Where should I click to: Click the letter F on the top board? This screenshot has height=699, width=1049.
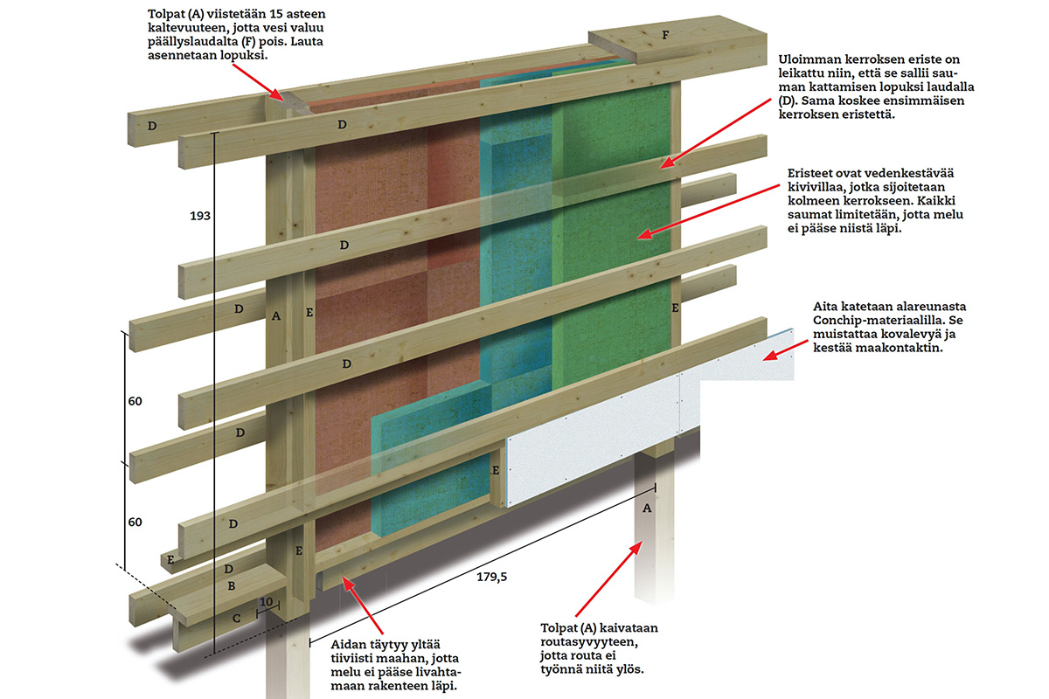pyautogui.click(x=665, y=36)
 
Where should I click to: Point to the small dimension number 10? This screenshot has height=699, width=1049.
pyautogui.click(x=266, y=604)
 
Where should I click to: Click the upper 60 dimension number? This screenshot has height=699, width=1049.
pyautogui.click(x=134, y=401)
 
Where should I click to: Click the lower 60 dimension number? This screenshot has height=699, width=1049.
pyautogui.click(x=134, y=522)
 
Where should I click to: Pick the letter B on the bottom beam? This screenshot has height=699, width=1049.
pyautogui.click(x=231, y=585)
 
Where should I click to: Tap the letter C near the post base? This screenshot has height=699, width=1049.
pyautogui.click(x=235, y=618)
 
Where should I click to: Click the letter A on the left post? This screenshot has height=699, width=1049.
pyautogui.click(x=276, y=315)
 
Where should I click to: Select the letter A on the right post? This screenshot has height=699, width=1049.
pyautogui.click(x=647, y=508)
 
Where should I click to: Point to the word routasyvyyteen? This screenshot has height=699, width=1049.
pyautogui.click(x=589, y=642)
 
